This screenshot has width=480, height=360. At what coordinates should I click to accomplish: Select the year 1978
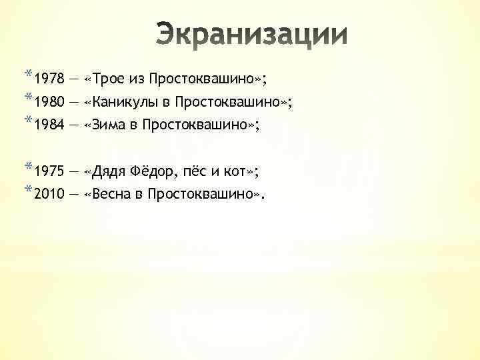coord(49,81)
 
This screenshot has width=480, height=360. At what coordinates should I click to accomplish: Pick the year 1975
coord(49,172)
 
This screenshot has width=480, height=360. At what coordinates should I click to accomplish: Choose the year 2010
coord(49,195)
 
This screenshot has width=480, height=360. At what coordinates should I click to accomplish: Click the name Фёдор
coord(159,171)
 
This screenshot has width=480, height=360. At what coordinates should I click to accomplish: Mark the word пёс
coord(198,171)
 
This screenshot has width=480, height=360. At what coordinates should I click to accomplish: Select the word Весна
coord(113,194)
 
